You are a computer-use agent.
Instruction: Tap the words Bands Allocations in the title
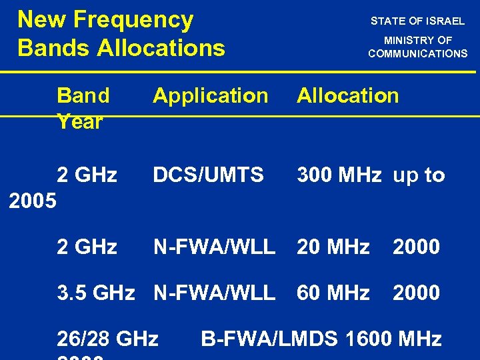coord(121,48)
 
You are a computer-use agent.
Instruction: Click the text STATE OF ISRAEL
coord(417,21)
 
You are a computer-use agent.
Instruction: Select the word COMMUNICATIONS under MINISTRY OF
coord(417,53)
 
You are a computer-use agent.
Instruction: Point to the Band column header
coord(83,95)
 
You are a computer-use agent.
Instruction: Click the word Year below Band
coord(80,122)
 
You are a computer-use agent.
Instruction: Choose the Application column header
coord(210,96)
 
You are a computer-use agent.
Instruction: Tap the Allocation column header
coord(347,95)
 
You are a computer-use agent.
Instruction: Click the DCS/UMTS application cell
coord(208,175)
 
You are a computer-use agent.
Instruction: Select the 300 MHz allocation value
coord(339,175)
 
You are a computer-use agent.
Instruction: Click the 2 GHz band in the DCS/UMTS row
coord(87,175)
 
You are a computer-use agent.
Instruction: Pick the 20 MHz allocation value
coord(333,247)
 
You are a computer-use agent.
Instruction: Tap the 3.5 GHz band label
coord(96,293)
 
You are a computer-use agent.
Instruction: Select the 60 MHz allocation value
coord(333,293)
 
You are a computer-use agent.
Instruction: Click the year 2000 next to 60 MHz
coord(416,293)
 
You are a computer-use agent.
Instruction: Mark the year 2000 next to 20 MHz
coord(416,247)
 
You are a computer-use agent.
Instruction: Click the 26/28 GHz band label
coord(107,339)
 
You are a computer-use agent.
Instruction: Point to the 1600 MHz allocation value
coord(393,339)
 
